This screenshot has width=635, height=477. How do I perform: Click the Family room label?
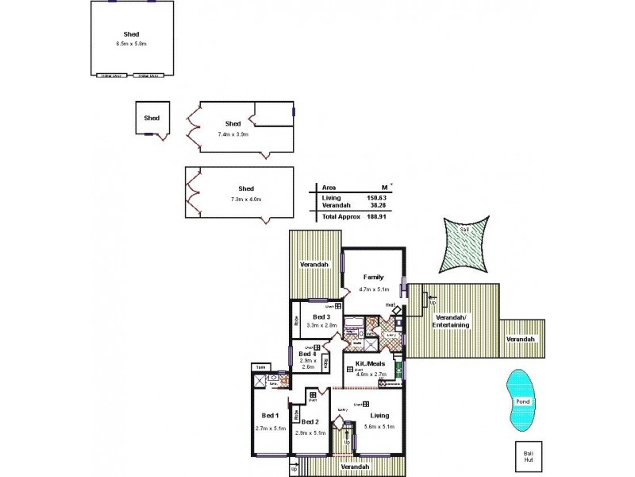coord(373,277)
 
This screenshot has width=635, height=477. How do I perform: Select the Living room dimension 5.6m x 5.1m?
coord(379,426)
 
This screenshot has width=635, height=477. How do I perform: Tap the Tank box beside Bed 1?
coord(260,366)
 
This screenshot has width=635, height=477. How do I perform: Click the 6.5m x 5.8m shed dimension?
coord(133,43)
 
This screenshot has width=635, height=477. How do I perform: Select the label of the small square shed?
coord(152,118)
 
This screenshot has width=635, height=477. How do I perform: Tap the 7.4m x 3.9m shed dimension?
coord(233,134)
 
